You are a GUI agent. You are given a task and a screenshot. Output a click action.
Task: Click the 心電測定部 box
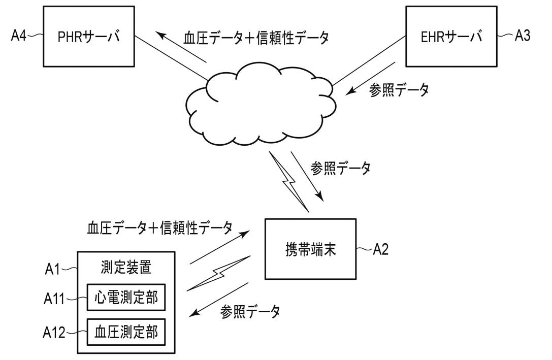(x=126, y=298)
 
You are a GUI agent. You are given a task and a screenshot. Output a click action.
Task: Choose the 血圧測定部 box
(x=126, y=332)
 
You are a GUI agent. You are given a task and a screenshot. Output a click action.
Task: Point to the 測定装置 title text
(x=126, y=267)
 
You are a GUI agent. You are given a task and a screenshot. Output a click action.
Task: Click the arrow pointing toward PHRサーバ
(x=180, y=48)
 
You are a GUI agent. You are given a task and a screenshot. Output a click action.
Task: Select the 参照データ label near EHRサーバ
(x=400, y=90)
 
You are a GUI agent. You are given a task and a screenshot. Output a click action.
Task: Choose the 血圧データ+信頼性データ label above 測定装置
(x=159, y=227)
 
